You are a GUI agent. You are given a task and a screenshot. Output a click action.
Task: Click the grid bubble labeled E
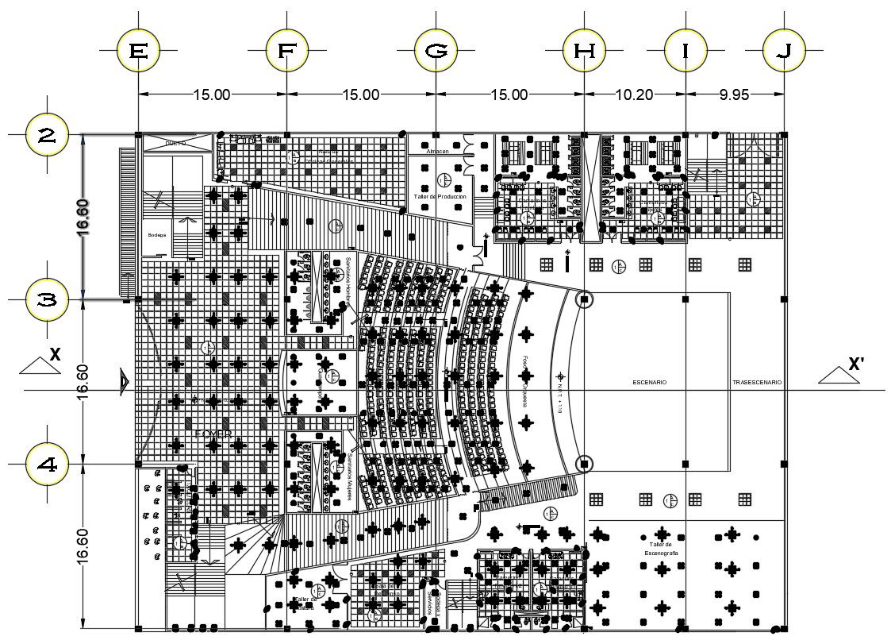(x=138, y=51)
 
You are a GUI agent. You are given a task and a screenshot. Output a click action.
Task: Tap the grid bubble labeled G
(x=435, y=51)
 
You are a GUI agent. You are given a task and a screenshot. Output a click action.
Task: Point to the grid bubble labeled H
(x=584, y=51)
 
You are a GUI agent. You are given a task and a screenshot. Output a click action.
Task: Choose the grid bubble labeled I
(x=685, y=51)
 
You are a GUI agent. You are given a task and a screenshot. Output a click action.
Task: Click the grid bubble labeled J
(x=784, y=51)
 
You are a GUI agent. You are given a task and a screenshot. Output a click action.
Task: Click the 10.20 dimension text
(x=634, y=94)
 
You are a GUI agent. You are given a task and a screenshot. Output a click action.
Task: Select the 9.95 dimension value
(x=734, y=94)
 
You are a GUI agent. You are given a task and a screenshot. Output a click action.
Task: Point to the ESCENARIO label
(x=649, y=383)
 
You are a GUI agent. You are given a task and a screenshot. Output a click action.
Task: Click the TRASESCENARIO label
(x=756, y=383)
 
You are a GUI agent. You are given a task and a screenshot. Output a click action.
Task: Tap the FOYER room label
(x=213, y=434)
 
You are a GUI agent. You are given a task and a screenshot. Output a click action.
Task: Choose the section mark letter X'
(x=856, y=364)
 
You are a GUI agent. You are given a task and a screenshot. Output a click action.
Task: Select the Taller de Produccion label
(x=440, y=196)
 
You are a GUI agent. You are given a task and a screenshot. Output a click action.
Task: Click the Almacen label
(x=437, y=151)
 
